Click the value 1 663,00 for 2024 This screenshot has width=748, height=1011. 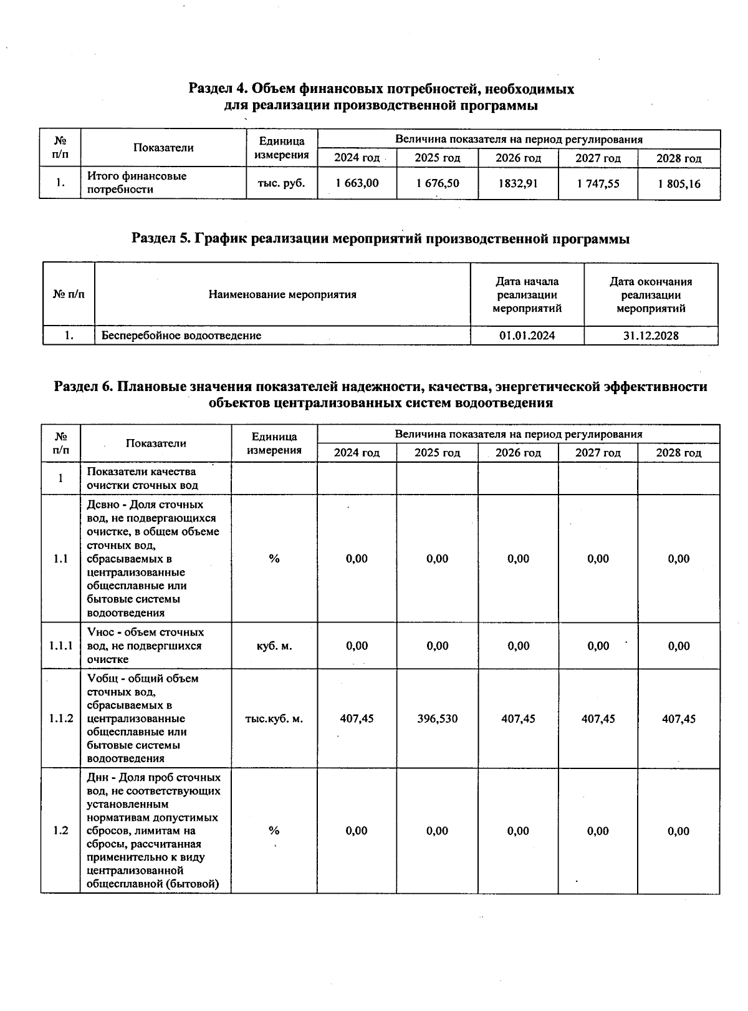357,183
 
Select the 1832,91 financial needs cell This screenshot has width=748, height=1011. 518,183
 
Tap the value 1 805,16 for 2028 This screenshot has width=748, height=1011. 679,183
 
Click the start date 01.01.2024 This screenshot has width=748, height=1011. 527,336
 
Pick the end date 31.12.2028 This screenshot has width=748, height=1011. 651,336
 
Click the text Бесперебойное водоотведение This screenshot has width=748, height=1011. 181,336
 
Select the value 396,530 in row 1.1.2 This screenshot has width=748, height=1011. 437,719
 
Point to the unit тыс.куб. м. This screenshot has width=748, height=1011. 274,719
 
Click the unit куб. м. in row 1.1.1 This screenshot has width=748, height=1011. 274,646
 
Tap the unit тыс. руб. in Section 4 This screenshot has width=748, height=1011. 282,183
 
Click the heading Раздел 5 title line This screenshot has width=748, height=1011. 380,239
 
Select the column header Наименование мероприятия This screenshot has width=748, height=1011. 282,294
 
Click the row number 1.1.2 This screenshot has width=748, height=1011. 61,719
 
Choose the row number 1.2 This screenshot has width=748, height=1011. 60,831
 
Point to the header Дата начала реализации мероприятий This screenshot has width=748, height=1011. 527,294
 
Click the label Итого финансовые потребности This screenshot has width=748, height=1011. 137,183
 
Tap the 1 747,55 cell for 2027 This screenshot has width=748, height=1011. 598,183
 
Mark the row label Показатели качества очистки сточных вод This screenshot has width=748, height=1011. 142,478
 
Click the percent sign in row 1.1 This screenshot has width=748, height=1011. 274,559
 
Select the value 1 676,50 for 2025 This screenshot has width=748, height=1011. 437,183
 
